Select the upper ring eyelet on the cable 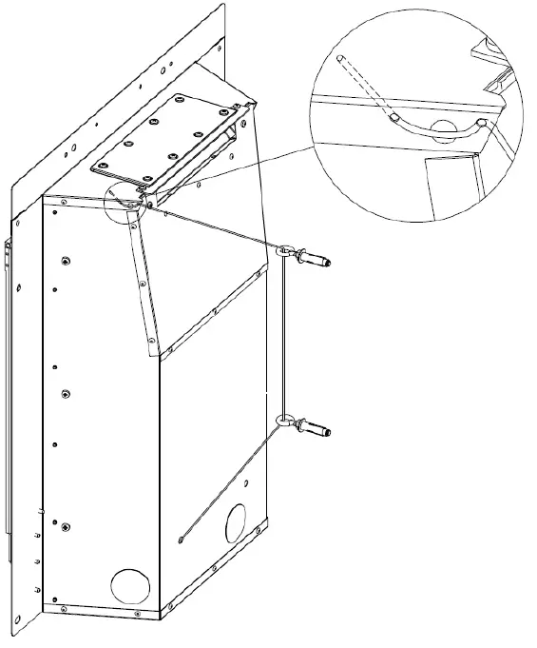pyautogui.click(x=285, y=251)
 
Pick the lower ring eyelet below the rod pyautogui.click(x=284, y=420)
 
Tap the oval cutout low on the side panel pyautogui.click(x=234, y=521)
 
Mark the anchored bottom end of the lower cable pyautogui.click(x=181, y=542)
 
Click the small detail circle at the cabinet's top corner pyautogui.click(x=122, y=202)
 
